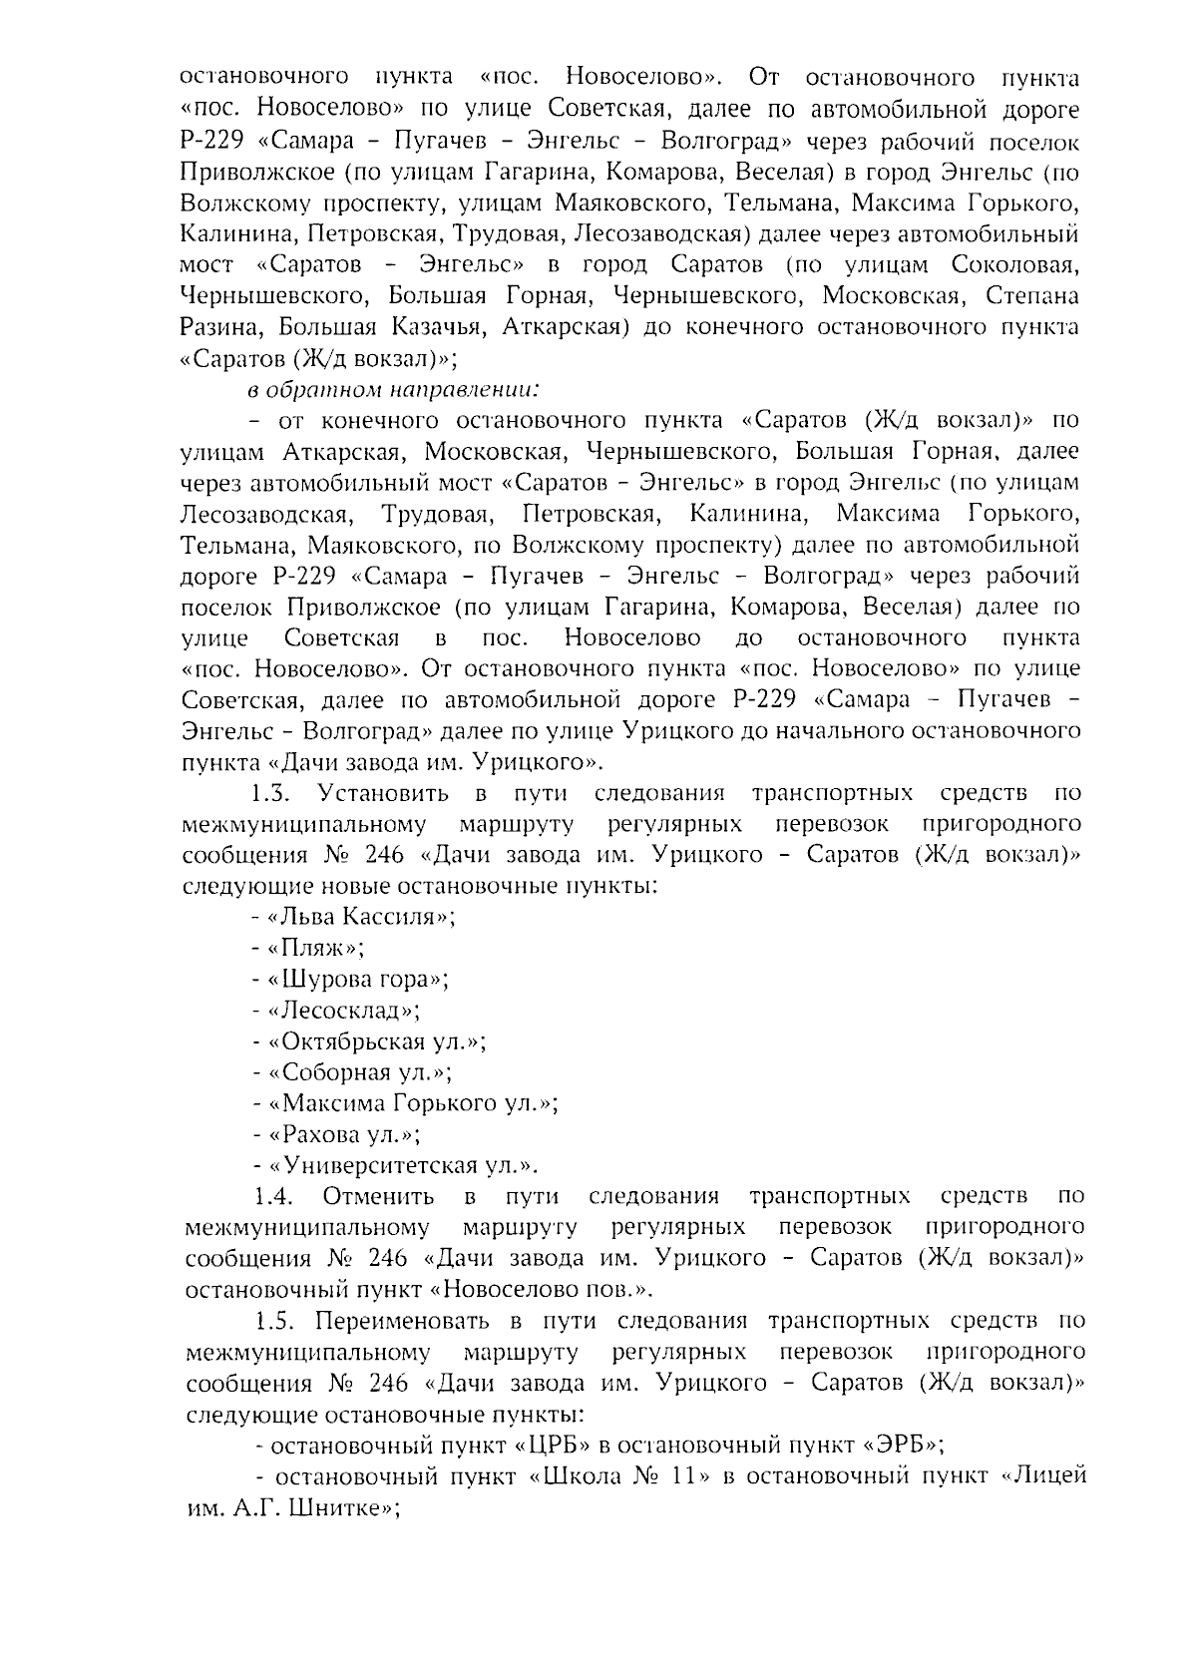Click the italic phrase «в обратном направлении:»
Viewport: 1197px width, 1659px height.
tap(394, 389)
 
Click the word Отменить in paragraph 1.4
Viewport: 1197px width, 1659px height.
tap(378, 1196)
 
